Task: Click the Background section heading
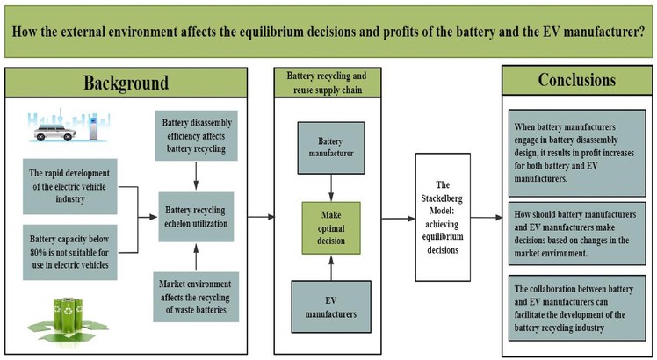(126, 83)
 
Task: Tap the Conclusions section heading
(577, 80)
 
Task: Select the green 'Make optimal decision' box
(331, 228)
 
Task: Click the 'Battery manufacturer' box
(331, 148)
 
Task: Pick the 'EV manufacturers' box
(331, 306)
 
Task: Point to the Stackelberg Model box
(443, 217)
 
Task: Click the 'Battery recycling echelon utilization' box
(196, 217)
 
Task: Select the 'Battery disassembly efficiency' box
(196, 135)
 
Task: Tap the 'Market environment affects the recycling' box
(196, 297)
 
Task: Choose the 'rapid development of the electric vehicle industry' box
(69, 186)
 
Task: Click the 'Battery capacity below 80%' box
(69, 252)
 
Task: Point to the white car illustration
(54, 132)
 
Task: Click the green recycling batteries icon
(67, 320)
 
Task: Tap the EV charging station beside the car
(92, 128)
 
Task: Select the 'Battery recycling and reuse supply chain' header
(328, 83)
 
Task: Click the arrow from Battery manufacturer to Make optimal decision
(331, 188)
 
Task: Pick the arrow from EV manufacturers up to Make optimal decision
(331, 268)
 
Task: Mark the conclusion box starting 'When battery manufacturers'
(577, 153)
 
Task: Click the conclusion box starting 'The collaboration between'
(577, 308)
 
